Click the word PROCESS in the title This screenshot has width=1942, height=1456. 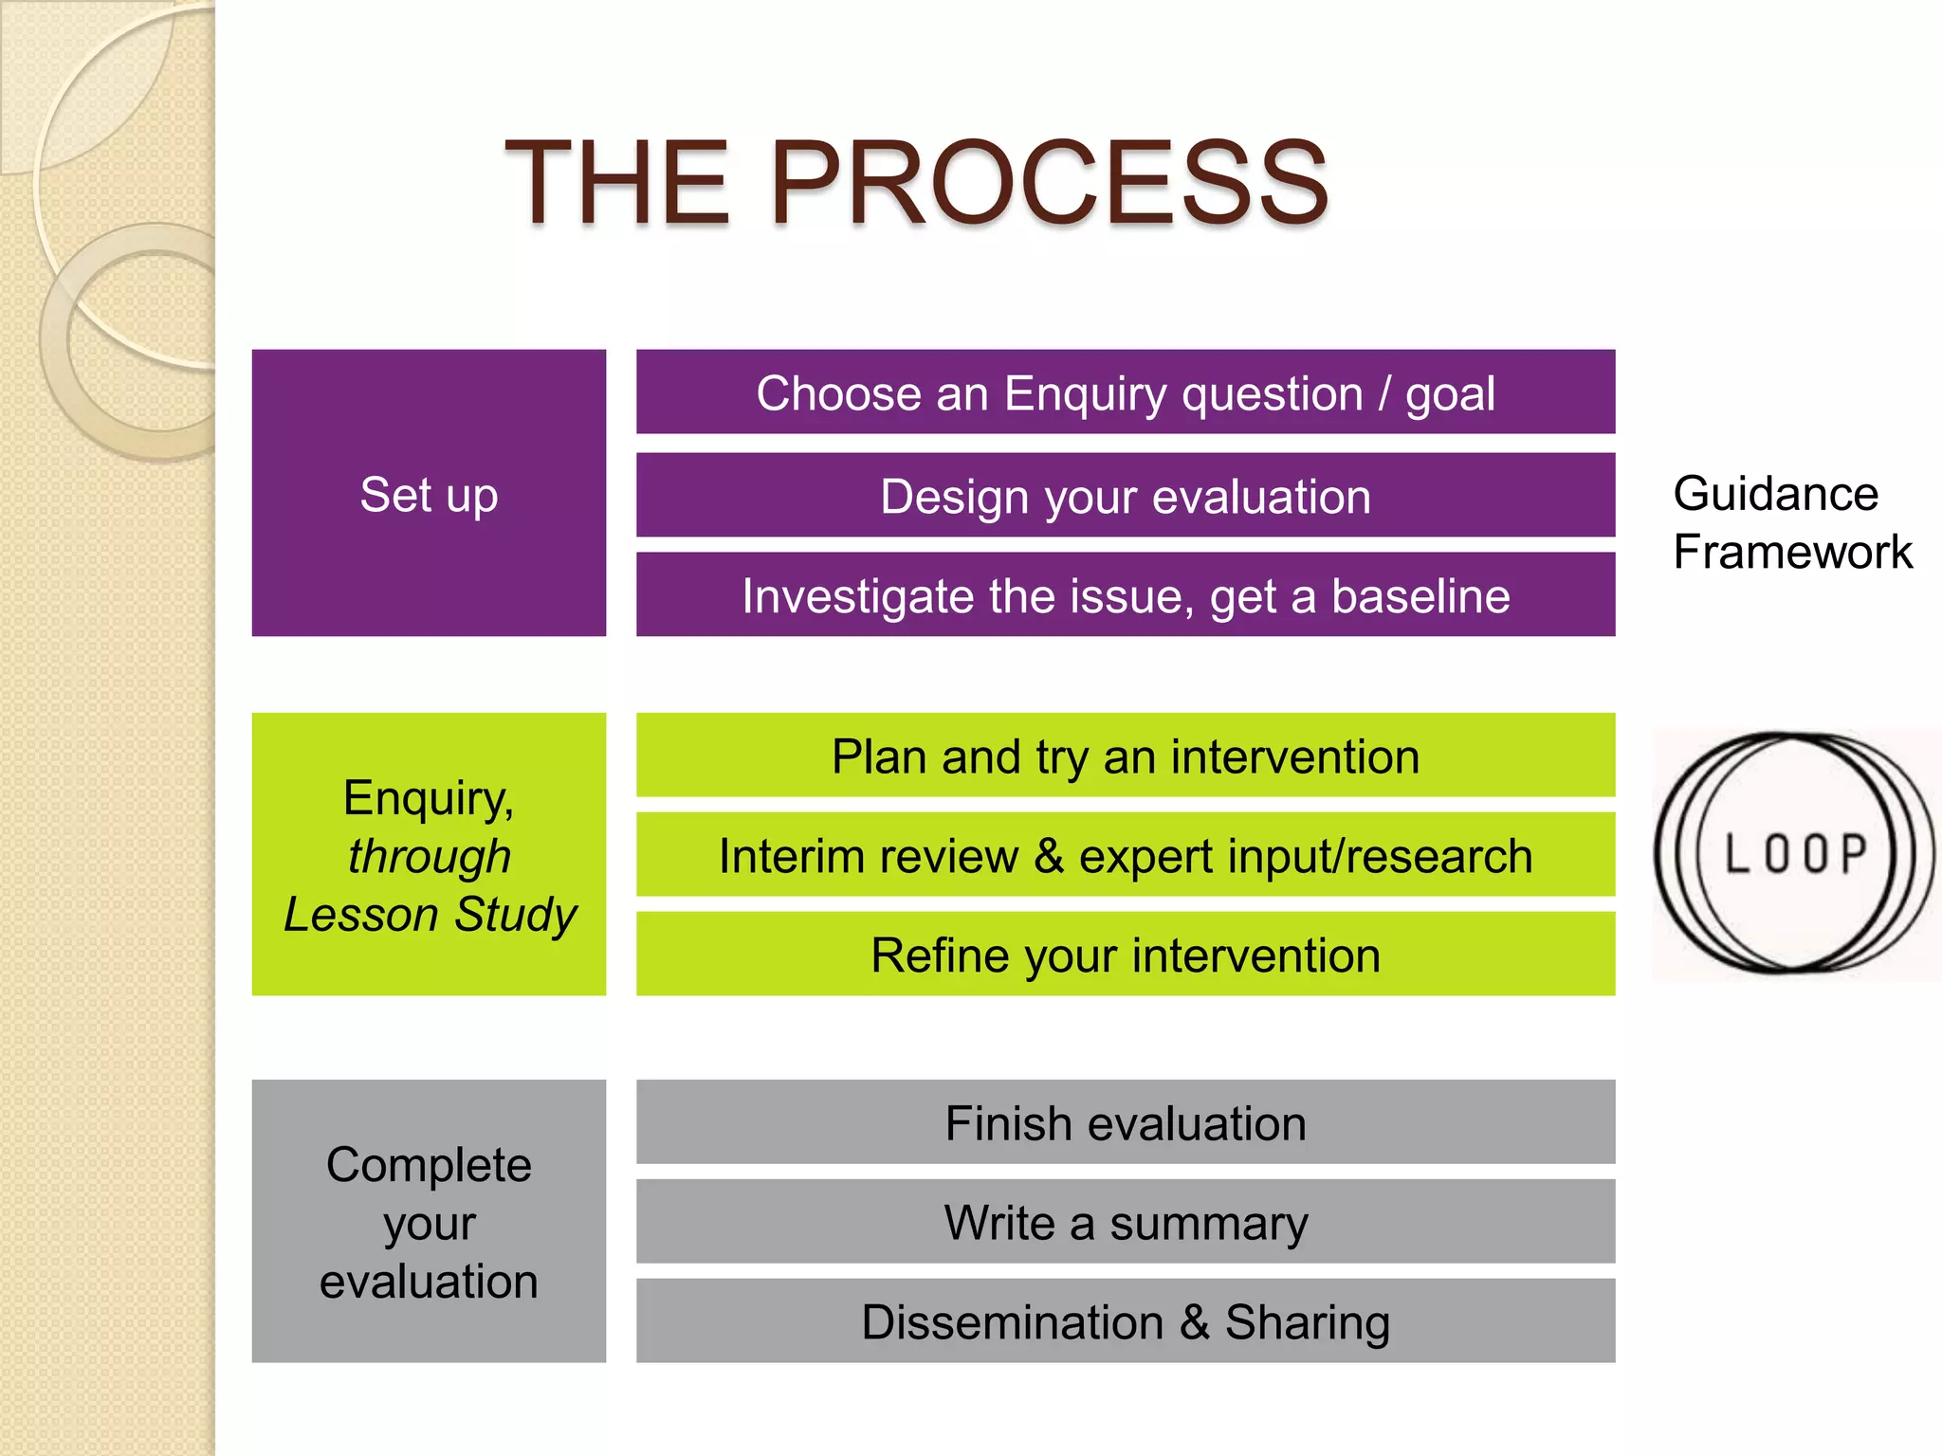pos(1048,182)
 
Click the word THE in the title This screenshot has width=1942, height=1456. pos(618,182)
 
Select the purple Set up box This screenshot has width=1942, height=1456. pos(429,493)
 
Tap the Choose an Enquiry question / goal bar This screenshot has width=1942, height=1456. pos(1126,392)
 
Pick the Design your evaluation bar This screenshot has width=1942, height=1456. pos(1126,496)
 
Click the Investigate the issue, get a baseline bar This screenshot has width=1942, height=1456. pos(1126,595)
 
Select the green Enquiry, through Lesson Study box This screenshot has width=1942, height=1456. pos(429,854)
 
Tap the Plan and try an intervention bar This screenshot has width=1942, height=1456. pos(1126,755)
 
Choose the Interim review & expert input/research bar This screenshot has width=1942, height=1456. pos(1126,855)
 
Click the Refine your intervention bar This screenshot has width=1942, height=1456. pos(1126,955)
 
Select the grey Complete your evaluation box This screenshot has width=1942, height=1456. pos(429,1222)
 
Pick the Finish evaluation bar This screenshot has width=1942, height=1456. pos(1126,1122)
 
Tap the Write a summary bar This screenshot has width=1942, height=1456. pos(1126,1222)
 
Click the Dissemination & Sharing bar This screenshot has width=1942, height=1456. pos(1126,1321)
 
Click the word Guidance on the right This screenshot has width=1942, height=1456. pos(1775,494)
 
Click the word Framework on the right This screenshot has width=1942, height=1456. pos(1792,552)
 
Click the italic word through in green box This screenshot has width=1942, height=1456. pos(429,856)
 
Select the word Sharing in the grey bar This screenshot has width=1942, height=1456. pos(1307,1322)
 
